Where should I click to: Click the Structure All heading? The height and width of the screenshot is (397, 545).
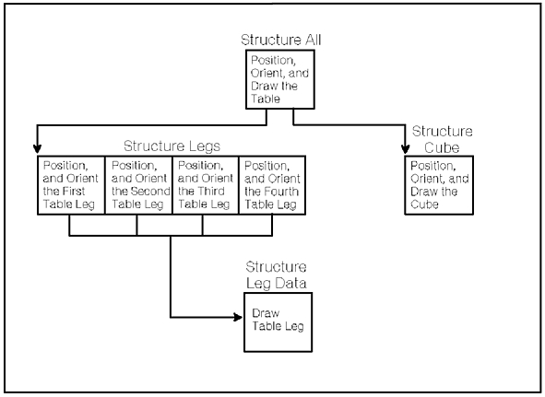281,40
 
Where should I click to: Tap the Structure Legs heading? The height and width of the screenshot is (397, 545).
172,146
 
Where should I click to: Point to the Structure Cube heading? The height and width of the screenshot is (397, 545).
442,139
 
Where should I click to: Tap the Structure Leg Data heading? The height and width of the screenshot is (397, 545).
276,275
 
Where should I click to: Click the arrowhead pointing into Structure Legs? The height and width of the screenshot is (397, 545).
37,148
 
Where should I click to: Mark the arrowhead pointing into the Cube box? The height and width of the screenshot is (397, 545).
405,148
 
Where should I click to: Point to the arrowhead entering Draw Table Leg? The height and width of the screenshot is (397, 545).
238,317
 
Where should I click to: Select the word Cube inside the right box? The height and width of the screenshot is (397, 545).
424,204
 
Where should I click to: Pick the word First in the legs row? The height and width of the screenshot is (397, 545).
74,192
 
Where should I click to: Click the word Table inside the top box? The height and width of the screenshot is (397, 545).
266,99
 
